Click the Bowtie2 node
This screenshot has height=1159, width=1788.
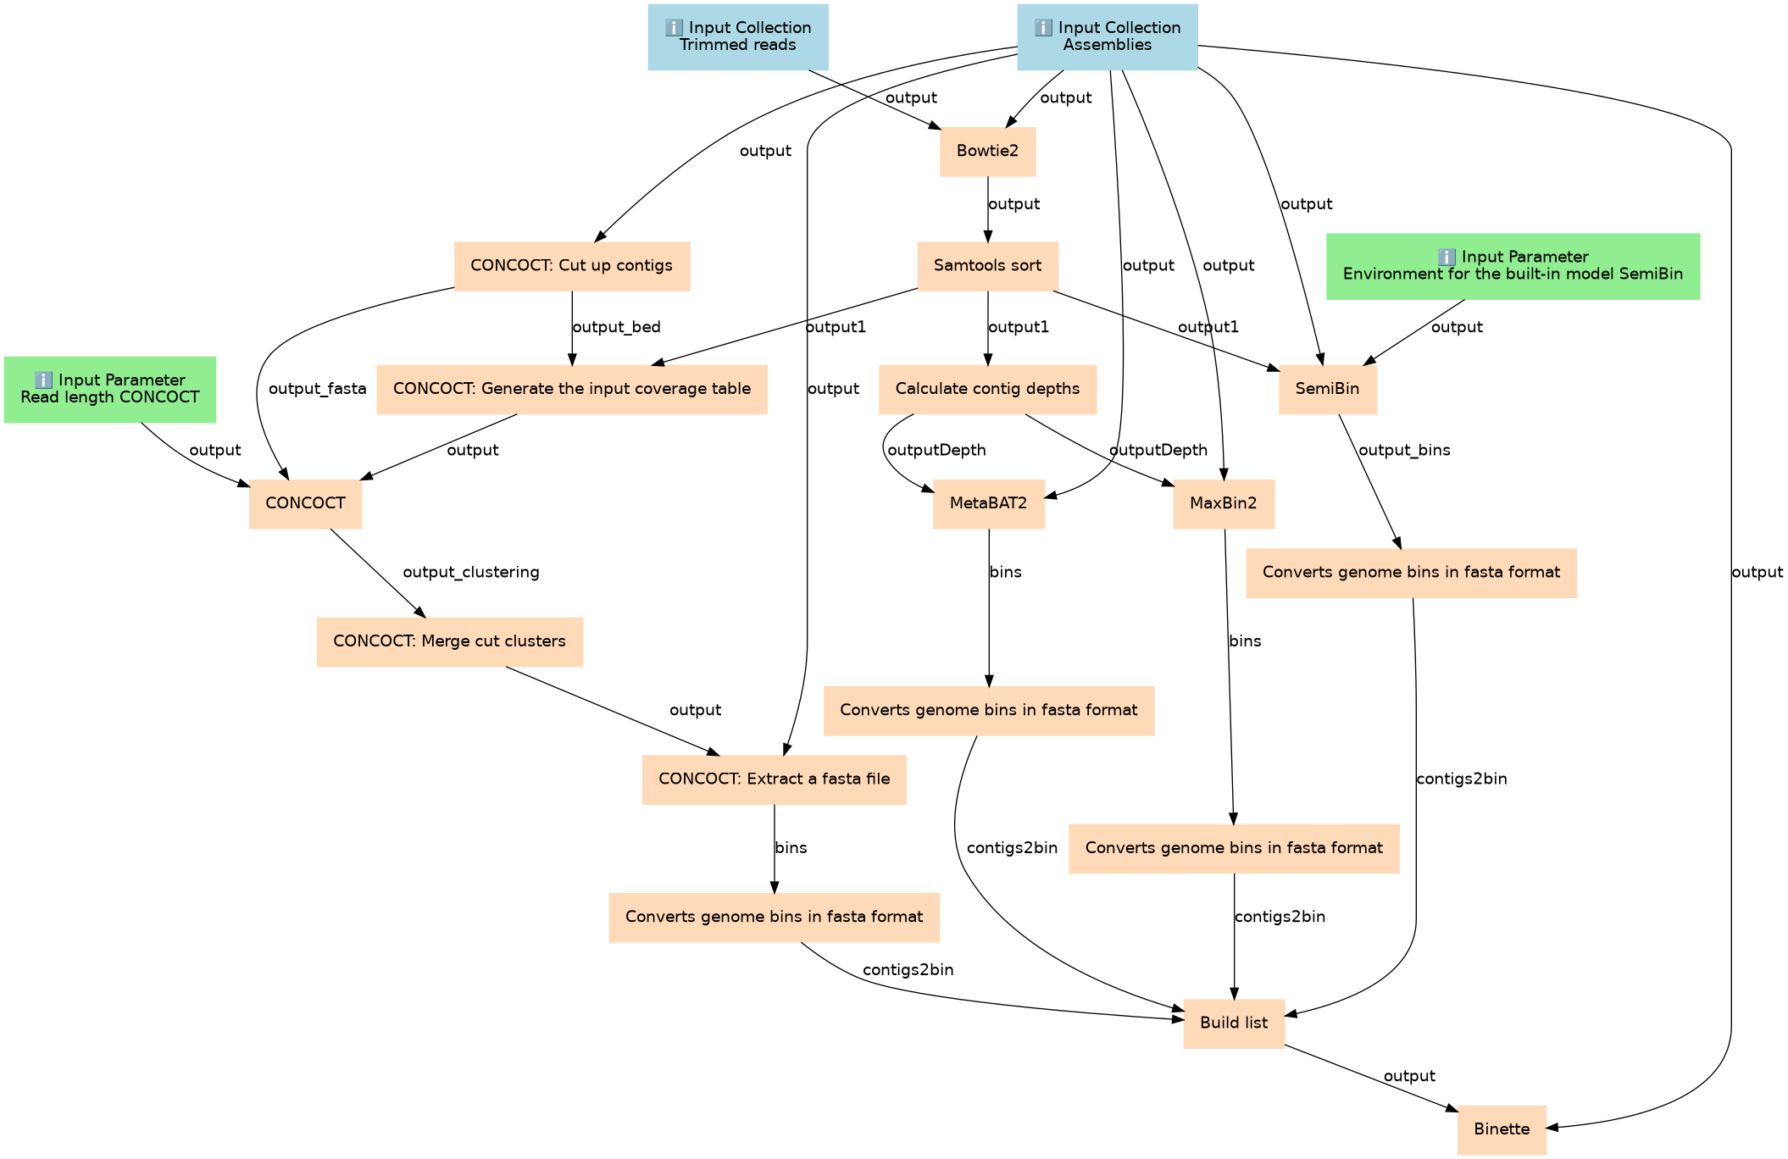[987, 152]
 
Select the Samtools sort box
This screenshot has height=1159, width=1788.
[987, 266]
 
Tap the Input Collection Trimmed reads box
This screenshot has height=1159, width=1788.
[737, 36]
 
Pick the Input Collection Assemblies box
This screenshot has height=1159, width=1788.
[1107, 36]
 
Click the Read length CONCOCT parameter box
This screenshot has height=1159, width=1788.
[110, 389]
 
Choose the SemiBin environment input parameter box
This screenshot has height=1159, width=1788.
[1513, 266]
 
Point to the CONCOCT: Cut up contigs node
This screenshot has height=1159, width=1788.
[571, 266]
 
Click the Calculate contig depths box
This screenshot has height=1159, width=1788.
[987, 389]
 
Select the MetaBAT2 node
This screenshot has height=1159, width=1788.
[988, 504]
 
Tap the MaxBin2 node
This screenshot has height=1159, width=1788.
[1223, 504]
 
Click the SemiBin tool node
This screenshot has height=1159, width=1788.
[1327, 389]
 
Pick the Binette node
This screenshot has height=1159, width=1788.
[1502, 1129]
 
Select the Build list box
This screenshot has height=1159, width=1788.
[1234, 1023]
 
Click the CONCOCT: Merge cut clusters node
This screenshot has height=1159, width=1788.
[449, 641]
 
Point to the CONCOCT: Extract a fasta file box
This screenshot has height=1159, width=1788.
[774, 779]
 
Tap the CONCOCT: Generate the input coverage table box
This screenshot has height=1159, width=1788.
[572, 389]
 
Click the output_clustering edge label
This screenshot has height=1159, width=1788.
[471, 573]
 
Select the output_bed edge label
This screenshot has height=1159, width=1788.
[616, 327]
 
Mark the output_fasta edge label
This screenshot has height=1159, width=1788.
[317, 389]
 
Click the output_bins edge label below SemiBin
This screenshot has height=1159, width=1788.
[1404, 451]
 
